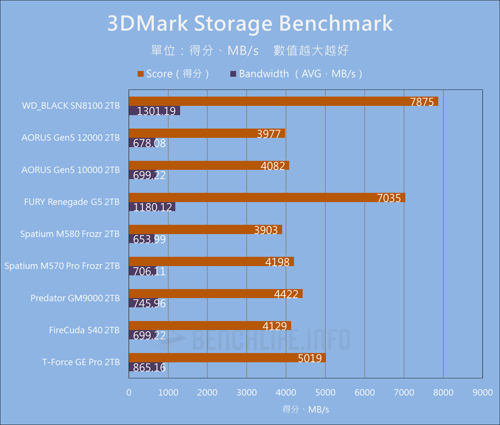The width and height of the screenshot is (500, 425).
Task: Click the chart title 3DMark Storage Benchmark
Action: pos(250,24)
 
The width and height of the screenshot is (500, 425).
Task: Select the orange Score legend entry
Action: pos(172,74)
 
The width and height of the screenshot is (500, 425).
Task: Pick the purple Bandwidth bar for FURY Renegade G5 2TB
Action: pos(152,206)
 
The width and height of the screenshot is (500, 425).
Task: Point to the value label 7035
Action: pos(389,198)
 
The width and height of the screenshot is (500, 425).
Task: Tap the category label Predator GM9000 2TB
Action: pos(75,298)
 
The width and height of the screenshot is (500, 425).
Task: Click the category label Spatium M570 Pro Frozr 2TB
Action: pos(62,266)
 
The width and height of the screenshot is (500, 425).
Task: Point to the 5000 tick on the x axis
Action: pos(325,393)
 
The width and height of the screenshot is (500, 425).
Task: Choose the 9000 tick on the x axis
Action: pos(482,393)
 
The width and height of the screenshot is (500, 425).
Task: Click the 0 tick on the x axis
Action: pos(129,393)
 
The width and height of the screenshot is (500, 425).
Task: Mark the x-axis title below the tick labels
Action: pos(305,409)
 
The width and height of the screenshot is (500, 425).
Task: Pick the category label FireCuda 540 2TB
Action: pos(84,330)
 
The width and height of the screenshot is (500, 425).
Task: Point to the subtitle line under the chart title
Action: pos(250,50)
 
